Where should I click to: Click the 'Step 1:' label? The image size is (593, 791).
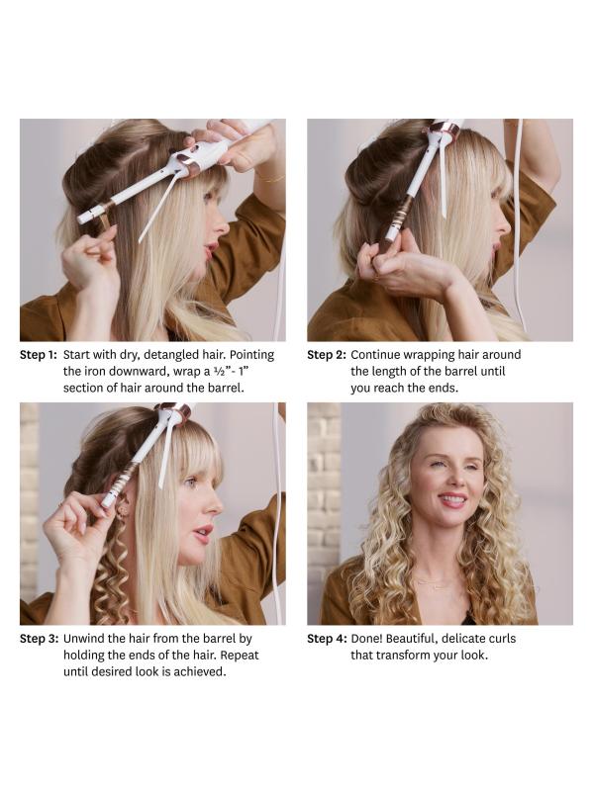[x=39, y=355]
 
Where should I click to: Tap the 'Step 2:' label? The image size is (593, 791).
[x=327, y=355]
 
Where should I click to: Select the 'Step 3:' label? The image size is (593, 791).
[x=39, y=639]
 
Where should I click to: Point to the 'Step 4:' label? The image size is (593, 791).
[x=327, y=639]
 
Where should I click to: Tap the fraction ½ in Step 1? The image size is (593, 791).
[x=218, y=372]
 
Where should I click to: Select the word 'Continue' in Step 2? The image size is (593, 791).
[x=375, y=355]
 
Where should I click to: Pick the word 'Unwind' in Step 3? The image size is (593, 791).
[x=82, y=639]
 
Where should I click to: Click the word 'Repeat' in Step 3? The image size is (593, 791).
[x=240, y=656]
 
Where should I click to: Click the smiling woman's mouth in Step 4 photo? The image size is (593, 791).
[x=452, y=500]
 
